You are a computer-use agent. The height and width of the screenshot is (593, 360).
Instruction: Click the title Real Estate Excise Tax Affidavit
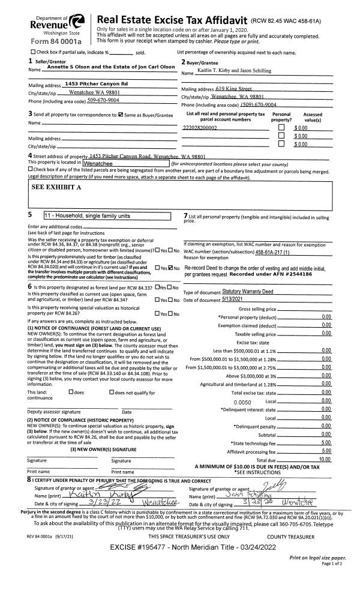[x=169, y=20]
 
